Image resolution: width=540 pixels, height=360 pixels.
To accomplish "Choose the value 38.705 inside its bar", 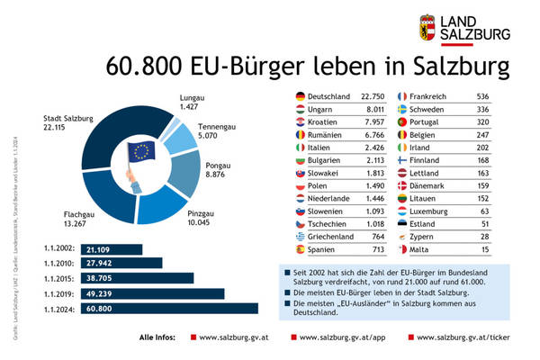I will [x=102, y=279].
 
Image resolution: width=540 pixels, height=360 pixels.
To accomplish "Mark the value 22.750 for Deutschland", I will [x=372, y=95].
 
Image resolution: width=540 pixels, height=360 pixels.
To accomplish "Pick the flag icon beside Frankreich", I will [x=402, y=95].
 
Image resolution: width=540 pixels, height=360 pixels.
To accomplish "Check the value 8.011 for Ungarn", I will [x=374, y=108].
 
